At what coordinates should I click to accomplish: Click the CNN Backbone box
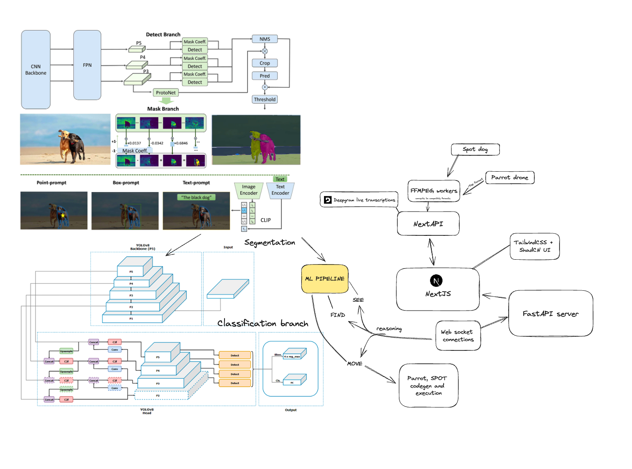[36, 69]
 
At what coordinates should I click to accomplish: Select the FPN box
[87, 65]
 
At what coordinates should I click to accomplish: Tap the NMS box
[265, 39]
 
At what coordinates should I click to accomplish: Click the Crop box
[265, 63]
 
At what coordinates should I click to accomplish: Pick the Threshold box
[265, 100]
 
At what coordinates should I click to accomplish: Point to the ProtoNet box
[166, 92]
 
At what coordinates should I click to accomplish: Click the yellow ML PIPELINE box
[325, 279]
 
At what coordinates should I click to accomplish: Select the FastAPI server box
[551, 314]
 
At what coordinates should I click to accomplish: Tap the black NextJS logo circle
[436, 281]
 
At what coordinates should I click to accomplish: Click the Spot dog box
[475, 150]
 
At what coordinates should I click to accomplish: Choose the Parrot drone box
[510, 177]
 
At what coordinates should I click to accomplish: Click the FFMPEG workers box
[434, 191]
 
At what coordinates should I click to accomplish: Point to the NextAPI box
[428, 224]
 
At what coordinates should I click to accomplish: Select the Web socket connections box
[458, 336]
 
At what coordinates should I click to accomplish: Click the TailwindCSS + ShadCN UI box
[535, 246]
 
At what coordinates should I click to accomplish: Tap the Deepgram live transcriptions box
[359, 200]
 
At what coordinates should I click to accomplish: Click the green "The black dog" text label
[196, 197]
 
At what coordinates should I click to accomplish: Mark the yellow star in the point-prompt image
[63, 215]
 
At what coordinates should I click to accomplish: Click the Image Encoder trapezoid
[249, 190]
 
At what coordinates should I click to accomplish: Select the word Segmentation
[270, 242]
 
